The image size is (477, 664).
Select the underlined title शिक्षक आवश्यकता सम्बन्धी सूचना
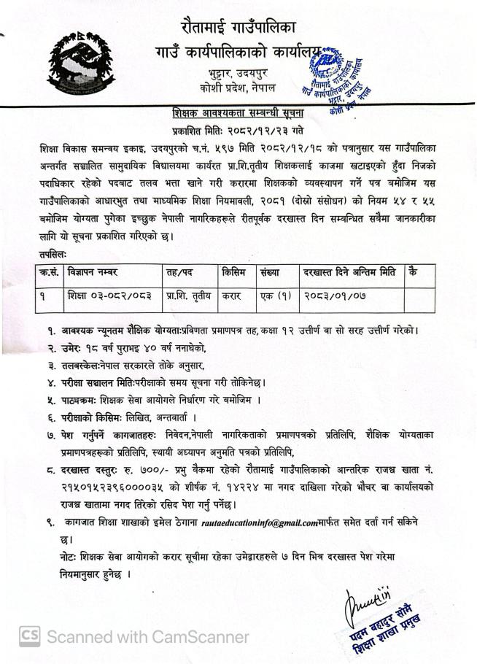pos(238,114)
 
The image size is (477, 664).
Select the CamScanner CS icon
pos(29,636)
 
